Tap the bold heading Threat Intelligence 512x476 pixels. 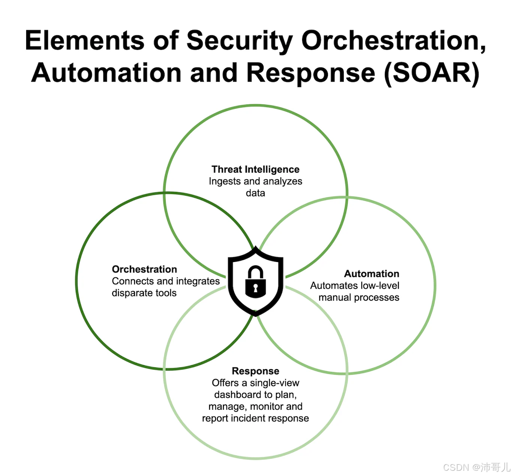pyautogui.click(x=255, y=169)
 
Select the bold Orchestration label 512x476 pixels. pyautogui.click(x=144, y=269)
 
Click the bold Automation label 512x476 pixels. pyautogui.click(x=371, y=274)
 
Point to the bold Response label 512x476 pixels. pyautogui.click(x=255, y=371)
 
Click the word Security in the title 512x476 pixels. pyautogui.click(x=240, y=40)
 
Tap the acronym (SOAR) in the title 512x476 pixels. pyautogui.click(x=431, y=73)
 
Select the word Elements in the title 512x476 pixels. pyautogui.click(x=85, y=40)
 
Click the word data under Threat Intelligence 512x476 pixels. pyautogui.click(x=255, y=193)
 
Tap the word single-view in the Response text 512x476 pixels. pyautogui.click(x=274, y=383)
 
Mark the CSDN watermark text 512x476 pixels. pyautogui.click(x=476, y=467)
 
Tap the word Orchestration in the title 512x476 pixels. pyautogui.click(x=394, y=40)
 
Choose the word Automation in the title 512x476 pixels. pyautogui.click(x=106, y=73)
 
